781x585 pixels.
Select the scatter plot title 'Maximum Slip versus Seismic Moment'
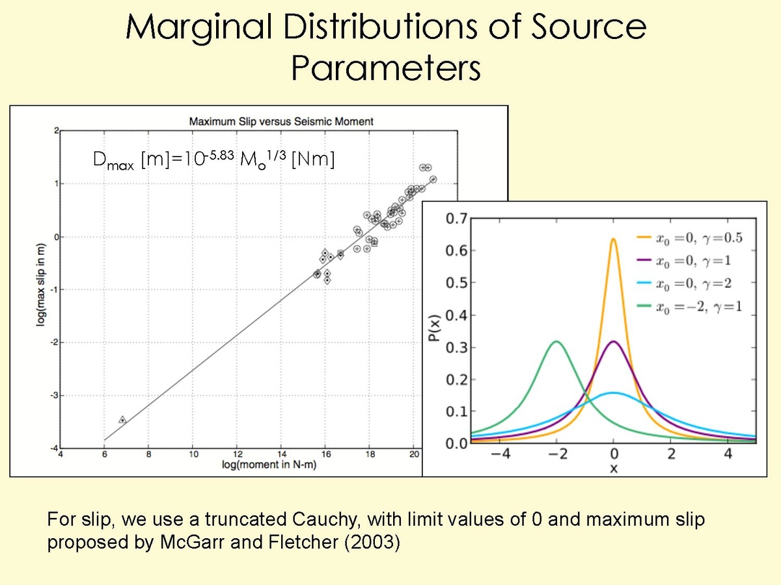(281, 121)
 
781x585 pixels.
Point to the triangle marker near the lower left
(122, 420)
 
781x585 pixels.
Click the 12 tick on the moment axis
(238, 454)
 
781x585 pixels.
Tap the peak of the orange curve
(613, 239)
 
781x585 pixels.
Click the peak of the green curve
(555, 341)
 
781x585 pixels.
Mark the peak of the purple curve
(613, 341)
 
